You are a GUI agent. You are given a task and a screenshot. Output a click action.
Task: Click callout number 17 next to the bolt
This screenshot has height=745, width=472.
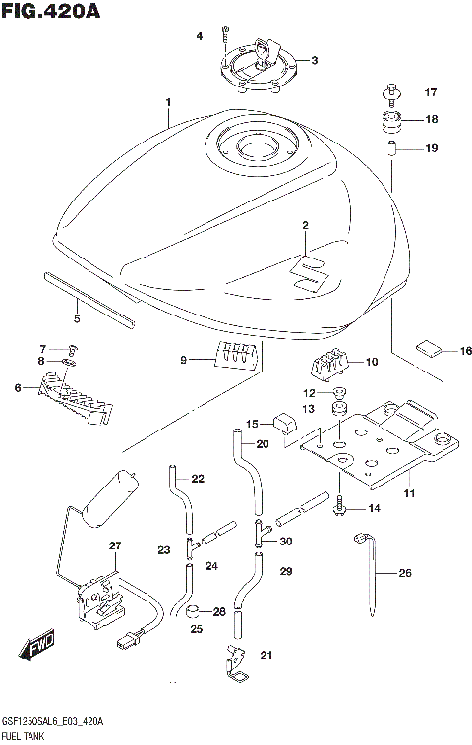point(429,93)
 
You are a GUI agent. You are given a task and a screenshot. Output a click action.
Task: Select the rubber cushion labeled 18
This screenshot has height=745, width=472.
point(391,123)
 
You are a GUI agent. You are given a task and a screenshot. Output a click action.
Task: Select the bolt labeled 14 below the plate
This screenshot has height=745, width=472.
point(341,506)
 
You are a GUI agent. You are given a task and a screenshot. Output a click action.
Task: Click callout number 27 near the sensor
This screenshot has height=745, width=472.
point(114,545)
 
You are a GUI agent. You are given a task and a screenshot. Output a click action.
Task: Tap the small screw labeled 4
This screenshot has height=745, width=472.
point(225,39)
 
